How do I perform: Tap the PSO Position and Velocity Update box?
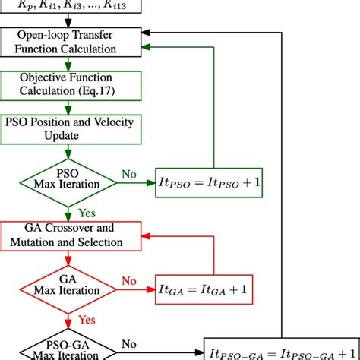(69, 128)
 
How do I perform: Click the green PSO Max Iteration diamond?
(69, 181)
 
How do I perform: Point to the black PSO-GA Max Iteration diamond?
(69, 350)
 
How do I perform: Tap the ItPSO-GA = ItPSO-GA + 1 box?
(280, 352)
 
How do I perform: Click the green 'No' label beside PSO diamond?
(130, 173)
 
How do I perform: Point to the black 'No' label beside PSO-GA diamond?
(130, 343)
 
